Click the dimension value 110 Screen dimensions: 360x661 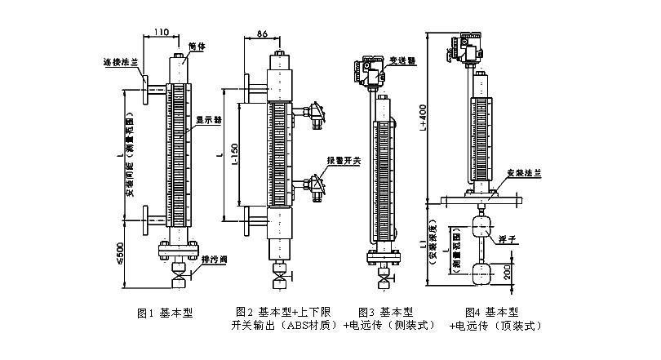point(160,32)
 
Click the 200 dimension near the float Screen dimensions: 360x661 point(508,270)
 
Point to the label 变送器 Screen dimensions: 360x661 point(403,60)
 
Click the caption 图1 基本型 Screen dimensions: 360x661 point(165,313)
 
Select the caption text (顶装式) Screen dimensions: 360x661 point(520,325)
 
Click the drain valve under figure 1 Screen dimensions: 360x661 point(178,270)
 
